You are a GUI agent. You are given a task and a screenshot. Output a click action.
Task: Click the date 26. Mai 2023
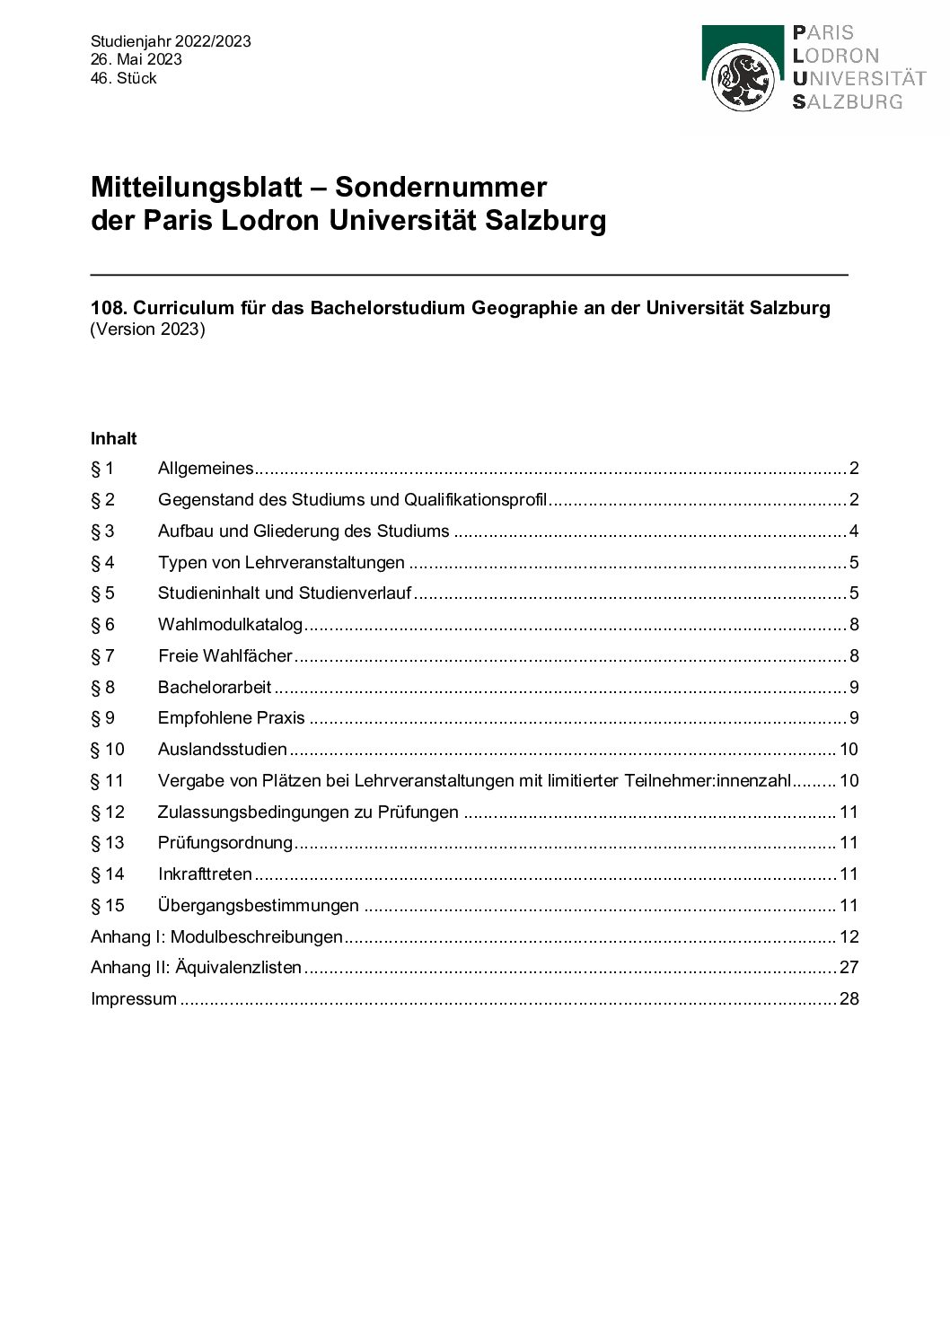[136, 59]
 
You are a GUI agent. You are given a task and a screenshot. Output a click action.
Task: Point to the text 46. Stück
[124, 78]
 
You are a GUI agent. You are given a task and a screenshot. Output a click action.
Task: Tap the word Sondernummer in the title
[441, 187]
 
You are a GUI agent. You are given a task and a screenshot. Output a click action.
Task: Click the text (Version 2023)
[148, 329]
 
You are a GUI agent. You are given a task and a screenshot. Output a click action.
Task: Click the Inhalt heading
[114, 439]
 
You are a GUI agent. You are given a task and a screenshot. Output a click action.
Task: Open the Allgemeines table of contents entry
[206, 469]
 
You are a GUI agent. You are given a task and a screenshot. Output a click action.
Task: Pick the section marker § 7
[102, 656]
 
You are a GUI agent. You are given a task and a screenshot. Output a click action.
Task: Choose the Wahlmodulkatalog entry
[230, 625]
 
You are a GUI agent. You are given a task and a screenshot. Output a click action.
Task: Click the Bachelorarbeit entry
[215, 688]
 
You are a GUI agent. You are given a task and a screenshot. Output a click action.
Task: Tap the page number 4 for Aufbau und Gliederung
[854, 531]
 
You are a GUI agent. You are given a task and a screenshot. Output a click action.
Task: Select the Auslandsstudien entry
[223, 750]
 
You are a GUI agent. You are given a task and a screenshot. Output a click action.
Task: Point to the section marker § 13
[108, 843]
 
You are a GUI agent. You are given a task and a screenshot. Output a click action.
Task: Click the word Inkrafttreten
[205, 874]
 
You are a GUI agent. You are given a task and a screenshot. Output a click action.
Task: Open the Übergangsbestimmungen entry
[259, 906]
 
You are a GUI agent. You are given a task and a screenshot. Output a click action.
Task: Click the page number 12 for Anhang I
[849, 937]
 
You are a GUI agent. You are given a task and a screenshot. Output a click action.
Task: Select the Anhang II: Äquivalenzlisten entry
[197, 968]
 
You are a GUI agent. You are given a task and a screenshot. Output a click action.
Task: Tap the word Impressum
[134, 999]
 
